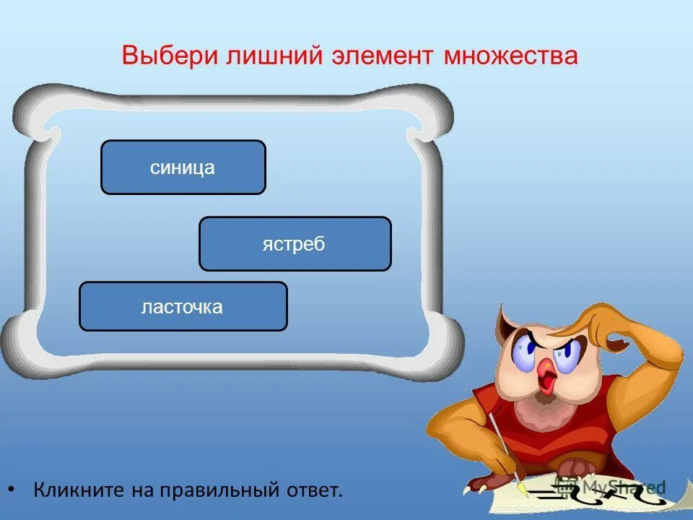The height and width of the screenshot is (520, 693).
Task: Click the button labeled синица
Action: tap(183, 168)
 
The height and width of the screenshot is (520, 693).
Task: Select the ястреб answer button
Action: tap(295, 244)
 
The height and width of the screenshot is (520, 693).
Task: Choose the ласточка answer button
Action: tap(183, 307)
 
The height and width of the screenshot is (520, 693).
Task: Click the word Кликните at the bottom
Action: tap(78, 490)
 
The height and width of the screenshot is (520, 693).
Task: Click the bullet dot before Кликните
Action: tap(10, 490)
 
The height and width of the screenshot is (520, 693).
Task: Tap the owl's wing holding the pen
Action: tap(462, 441)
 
